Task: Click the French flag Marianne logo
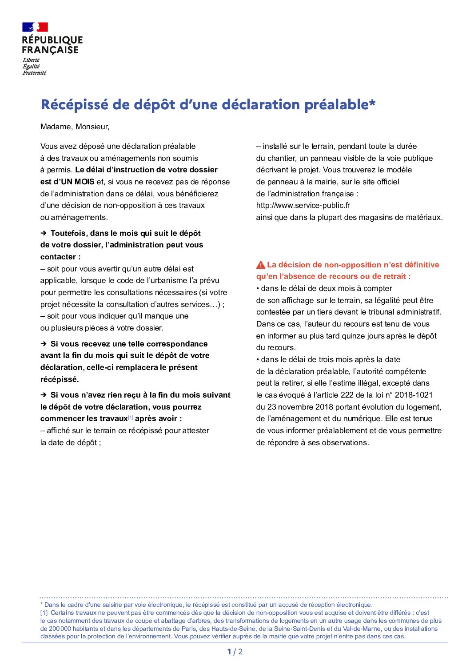click(x=35, y=28)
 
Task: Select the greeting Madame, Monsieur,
click(x=75, y=127)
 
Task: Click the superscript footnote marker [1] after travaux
click(x=131, y=417)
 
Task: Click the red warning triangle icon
click(x=261, y=265)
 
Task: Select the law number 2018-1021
click(x=414, y=395)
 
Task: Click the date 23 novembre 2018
click(x=298, y=407)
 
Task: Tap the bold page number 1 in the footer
click(x=229, y=652)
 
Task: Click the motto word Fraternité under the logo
click(x=34, y=73)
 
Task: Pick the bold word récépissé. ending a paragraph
click(x=60, y=379)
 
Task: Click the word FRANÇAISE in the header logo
click(x=50, y=50)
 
